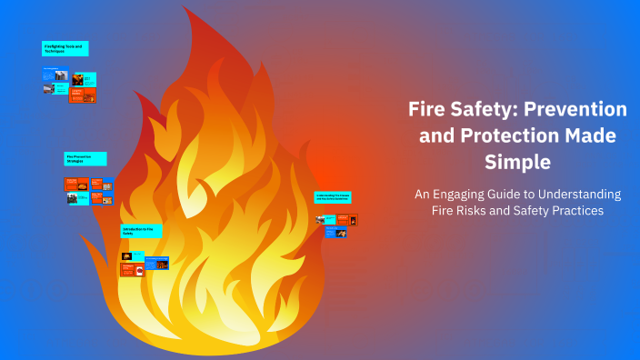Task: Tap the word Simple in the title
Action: (517, 163)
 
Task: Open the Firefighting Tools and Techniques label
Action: (65, 48)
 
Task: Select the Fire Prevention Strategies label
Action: (85, 158)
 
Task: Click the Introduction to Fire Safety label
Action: (141, 231)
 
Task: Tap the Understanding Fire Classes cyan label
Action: (333, 196)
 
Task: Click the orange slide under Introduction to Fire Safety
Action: (132, 270)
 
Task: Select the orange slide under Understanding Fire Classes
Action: (346, 219)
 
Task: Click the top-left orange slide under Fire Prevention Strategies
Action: (76, 185)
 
